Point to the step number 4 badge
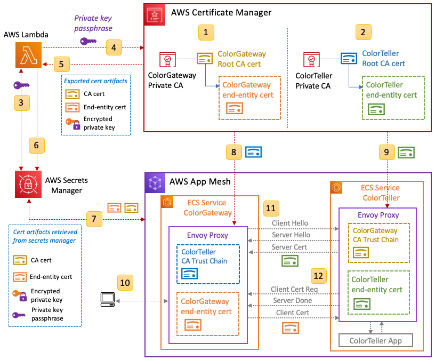click(112, 47)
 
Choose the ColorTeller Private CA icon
click(311, 59)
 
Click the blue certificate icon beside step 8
click(253, 152)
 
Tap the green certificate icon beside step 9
click(407, 152)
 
